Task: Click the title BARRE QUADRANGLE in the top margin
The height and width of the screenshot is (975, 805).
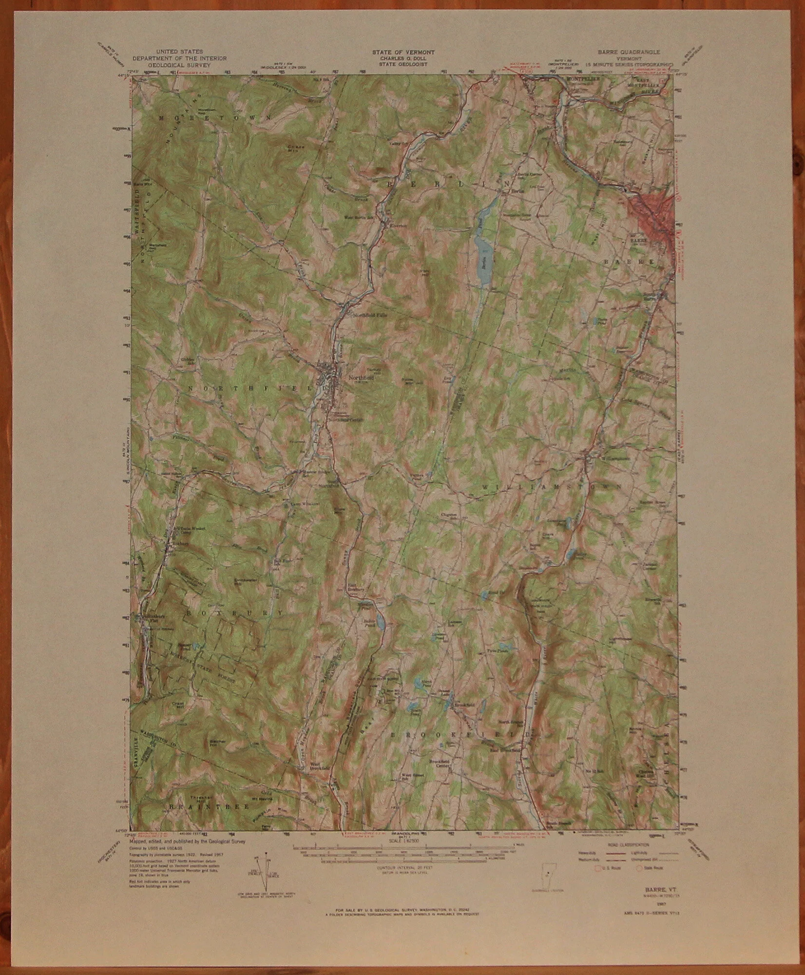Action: [633, 52]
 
